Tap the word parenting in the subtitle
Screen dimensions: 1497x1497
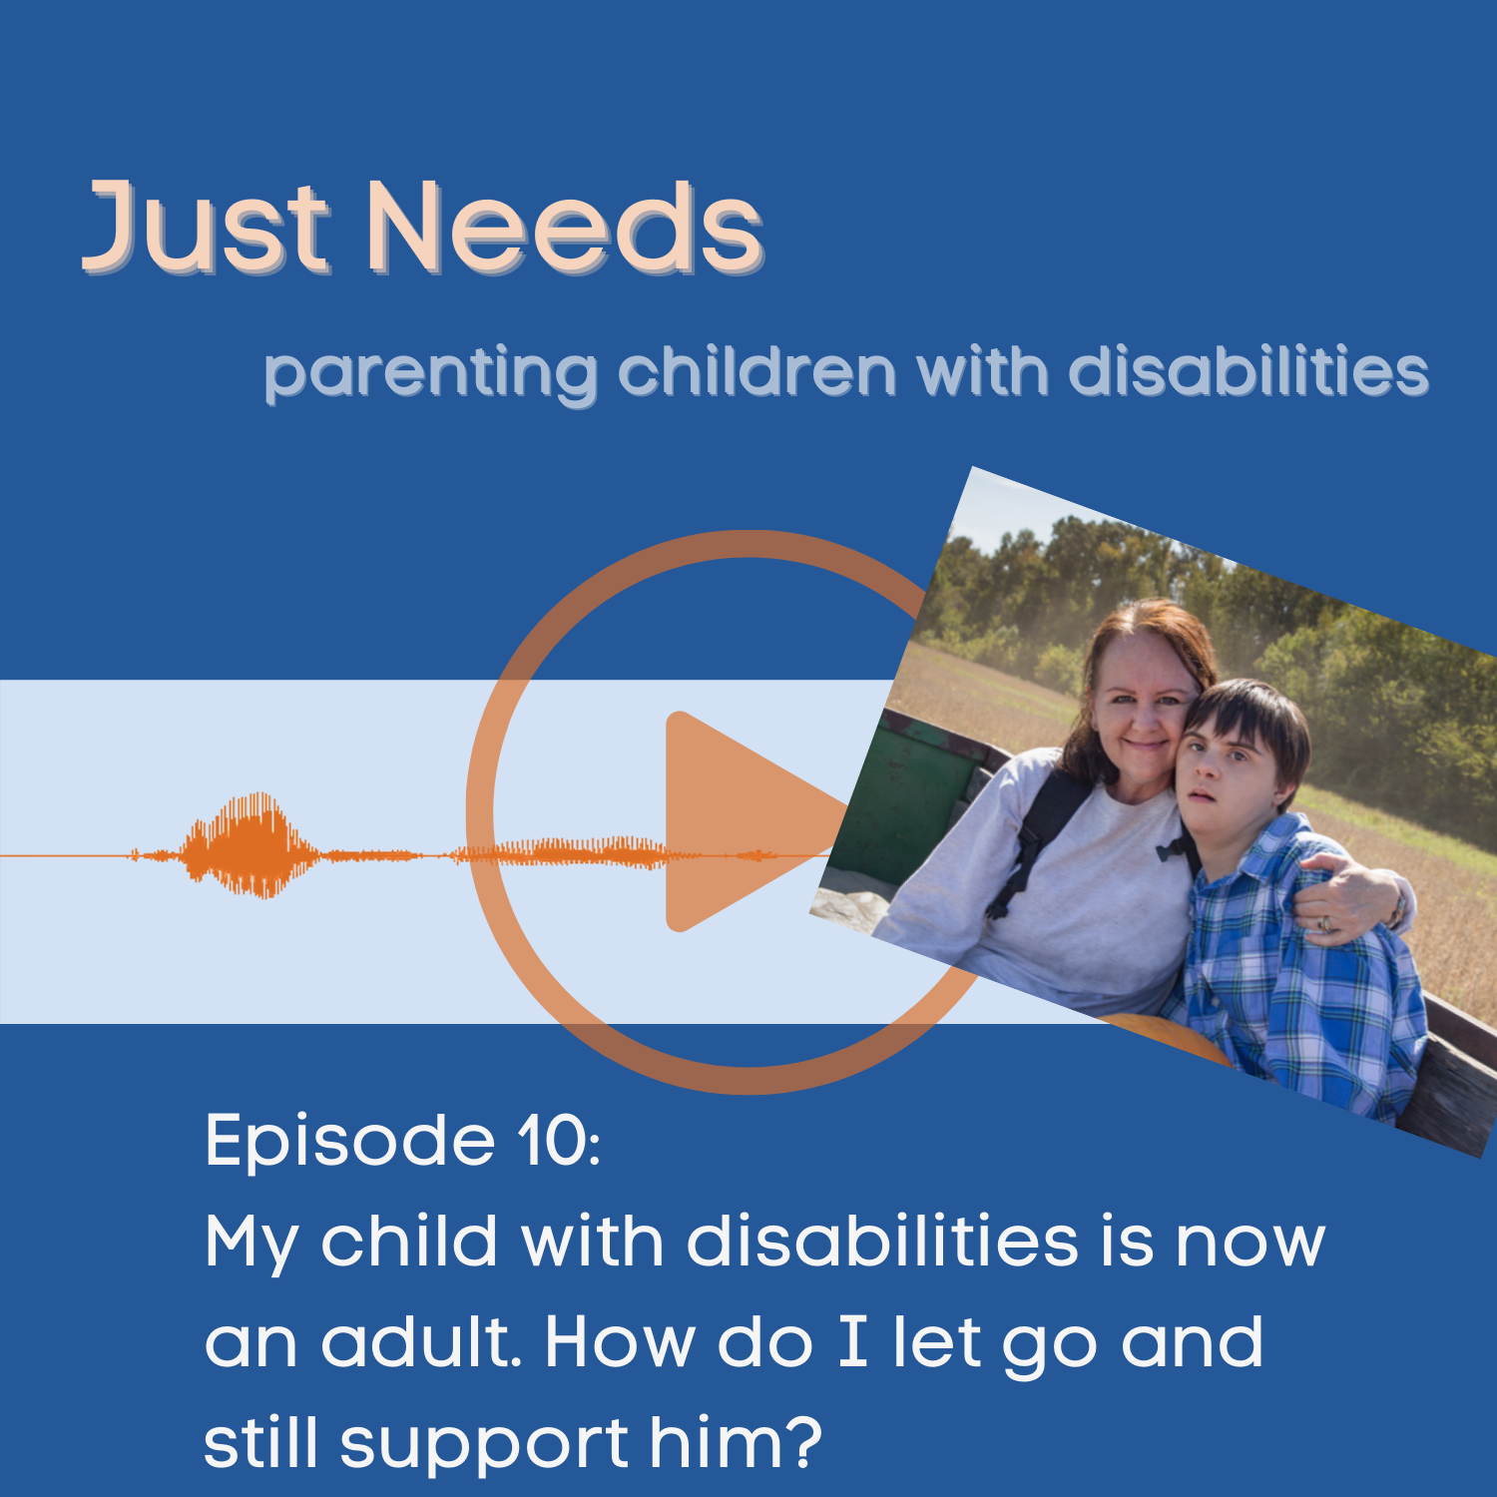tap(430, 374)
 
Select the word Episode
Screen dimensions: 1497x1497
tap(349, 1142)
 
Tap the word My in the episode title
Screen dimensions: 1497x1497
tap(250, 1244)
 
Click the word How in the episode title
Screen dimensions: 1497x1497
tap(619, 1342)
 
